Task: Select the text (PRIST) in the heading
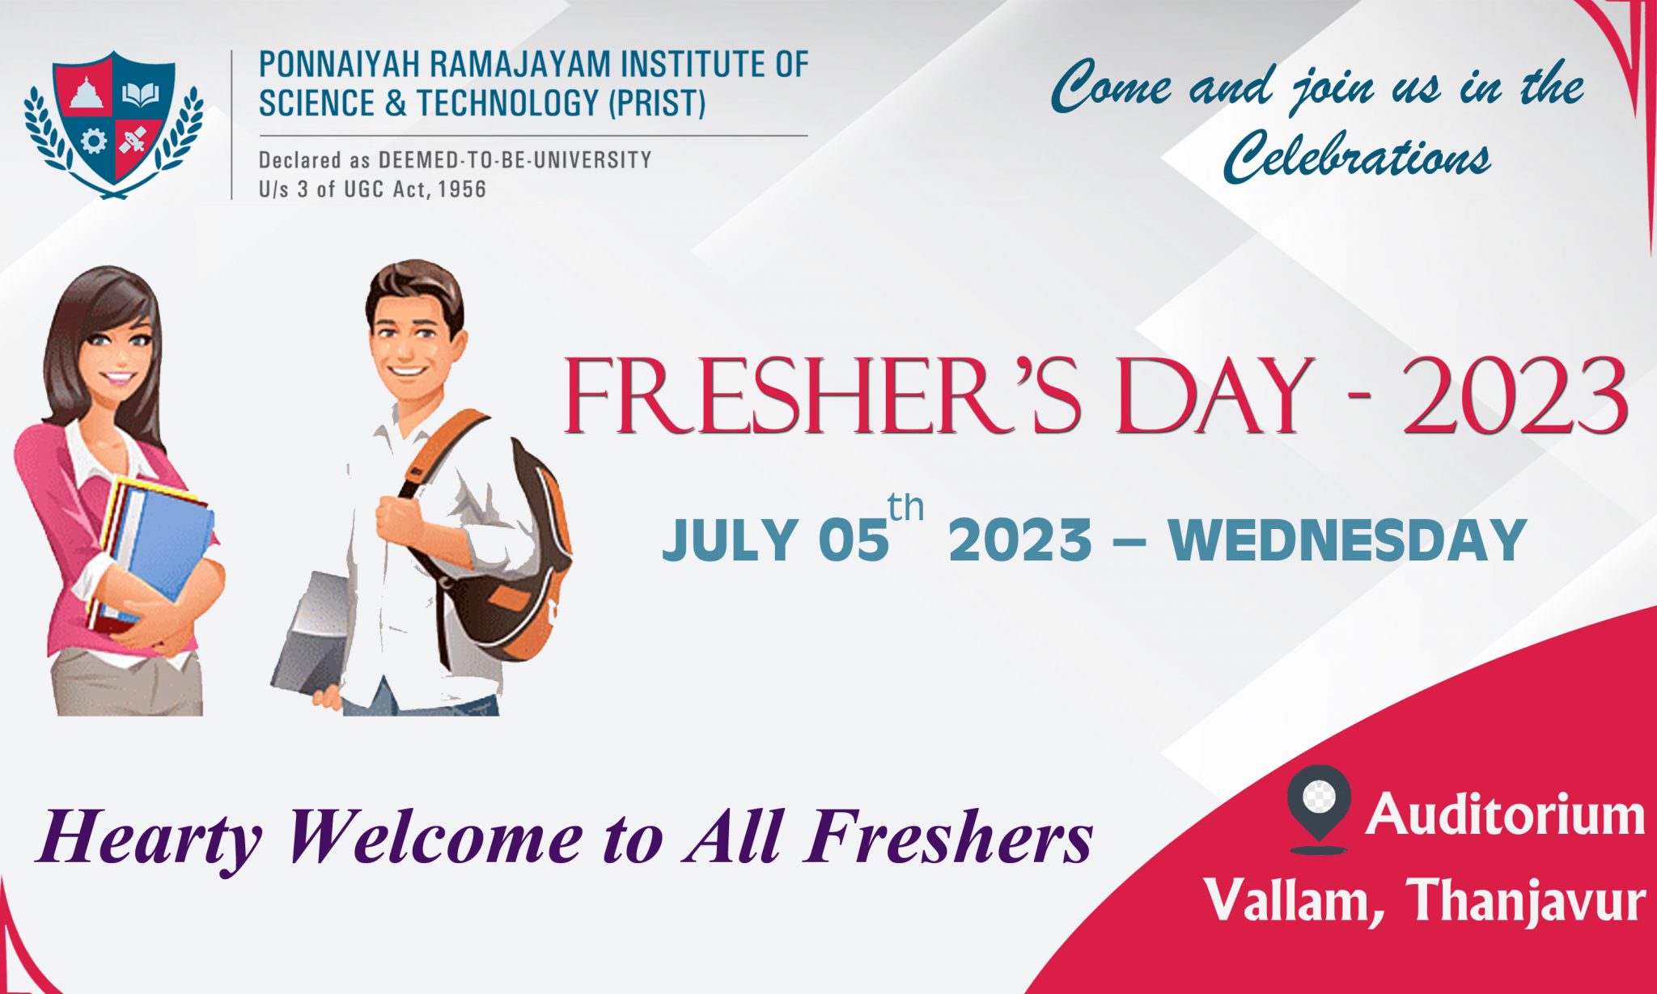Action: click(656, 103)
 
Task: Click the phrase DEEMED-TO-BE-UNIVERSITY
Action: click(515, 160)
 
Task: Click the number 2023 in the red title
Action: click(1514, 395)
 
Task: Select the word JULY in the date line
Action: click(731, 540)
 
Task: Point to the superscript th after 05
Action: click(905, 508)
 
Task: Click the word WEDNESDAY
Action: click(1347, 540)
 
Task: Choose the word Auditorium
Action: click(1506, 814)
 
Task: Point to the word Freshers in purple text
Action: click(947, 836)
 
